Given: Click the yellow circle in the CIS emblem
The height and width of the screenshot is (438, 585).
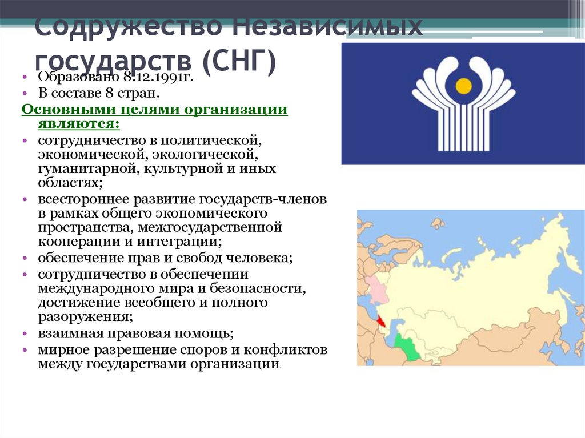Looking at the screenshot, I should click(x=464, y=86).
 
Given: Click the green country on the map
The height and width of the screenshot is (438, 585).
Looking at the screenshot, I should click(x=408, y=346).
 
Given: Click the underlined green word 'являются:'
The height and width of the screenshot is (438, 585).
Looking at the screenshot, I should click(x=71, y=124).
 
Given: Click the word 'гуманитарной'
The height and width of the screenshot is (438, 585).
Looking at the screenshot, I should click(x=85, y=169).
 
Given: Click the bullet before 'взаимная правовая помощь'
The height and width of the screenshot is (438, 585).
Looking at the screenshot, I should click(x=25, y=333).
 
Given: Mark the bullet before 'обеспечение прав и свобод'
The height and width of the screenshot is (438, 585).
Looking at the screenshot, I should click(x=25, y=259).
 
